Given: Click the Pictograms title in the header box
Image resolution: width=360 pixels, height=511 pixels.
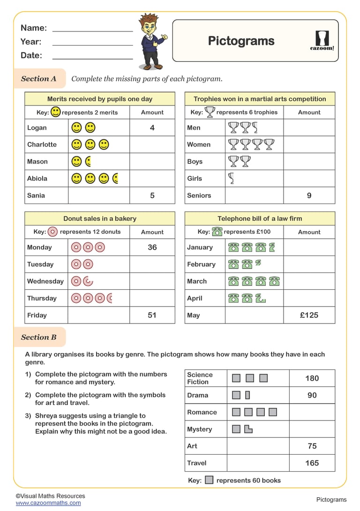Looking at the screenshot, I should [241, 41].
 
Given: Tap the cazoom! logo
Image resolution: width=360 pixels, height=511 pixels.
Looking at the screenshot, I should [322, 40].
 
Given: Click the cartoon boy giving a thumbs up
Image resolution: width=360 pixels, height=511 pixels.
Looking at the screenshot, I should [151, 41].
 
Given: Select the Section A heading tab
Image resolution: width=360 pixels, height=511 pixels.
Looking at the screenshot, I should [39, 79].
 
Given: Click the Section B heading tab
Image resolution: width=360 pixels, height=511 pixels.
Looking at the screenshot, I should [39, 337].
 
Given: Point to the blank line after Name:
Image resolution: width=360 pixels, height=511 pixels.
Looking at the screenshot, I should [92, 29].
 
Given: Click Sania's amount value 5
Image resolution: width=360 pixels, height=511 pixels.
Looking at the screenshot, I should [152, 195].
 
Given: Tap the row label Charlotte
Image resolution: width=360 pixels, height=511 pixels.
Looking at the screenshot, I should [42, 144].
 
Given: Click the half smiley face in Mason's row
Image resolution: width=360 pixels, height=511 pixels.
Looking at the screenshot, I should [88, 162].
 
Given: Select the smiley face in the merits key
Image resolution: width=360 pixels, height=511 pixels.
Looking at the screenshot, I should [56, 112].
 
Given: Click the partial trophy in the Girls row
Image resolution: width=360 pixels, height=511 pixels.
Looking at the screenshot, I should [231, 178].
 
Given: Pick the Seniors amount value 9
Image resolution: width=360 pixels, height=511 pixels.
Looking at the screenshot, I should [309, 195].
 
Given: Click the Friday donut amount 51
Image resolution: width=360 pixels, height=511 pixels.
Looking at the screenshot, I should [152, 315].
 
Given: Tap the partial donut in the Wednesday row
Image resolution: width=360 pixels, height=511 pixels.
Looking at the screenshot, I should [88, 281].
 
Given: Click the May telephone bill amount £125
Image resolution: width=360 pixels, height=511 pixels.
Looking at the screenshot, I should [309, 315].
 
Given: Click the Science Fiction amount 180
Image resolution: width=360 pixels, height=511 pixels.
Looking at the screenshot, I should [312, 378].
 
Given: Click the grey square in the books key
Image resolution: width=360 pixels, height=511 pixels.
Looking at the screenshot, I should [209, 480].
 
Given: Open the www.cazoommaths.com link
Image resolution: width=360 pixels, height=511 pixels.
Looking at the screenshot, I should [48, 503].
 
